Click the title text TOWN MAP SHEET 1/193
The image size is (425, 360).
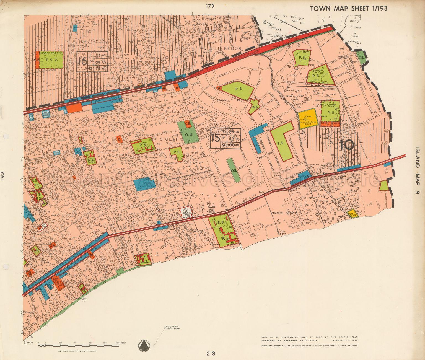349,8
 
